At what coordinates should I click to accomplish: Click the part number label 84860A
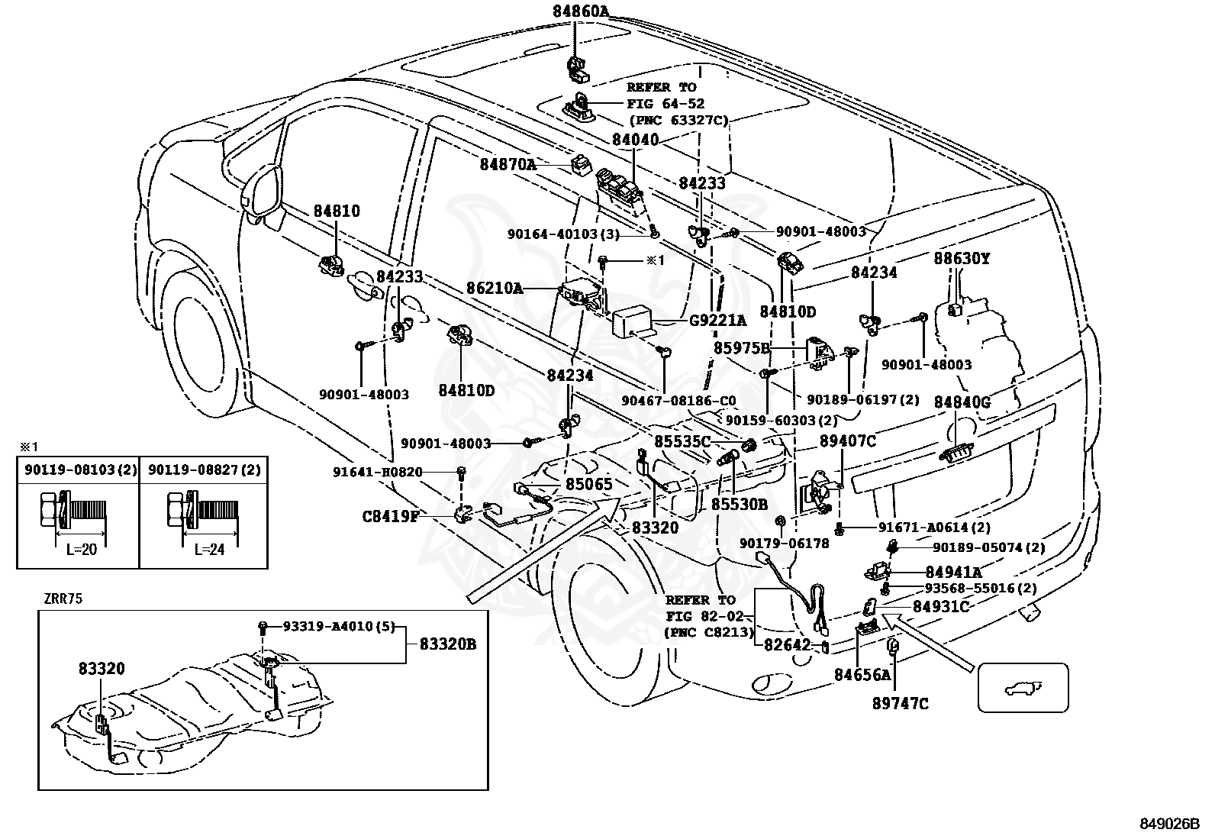[x=581, y=11]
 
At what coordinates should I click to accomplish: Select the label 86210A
[x=495, y=288]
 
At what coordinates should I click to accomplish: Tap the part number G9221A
[x=717, y=321]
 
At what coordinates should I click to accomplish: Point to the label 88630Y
[x=961, y=259]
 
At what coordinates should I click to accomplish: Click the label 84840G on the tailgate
[x=962, y=402]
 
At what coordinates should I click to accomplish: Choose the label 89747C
[x=901, y=704]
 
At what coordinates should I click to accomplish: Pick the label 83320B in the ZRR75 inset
[x=448, y=644]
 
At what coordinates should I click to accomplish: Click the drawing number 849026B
[x=1169, y=824]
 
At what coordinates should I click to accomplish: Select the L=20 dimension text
[x=82, y=550]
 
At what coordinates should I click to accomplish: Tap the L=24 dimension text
[x=209, y=550]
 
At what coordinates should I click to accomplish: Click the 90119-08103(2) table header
[x=81, y=470]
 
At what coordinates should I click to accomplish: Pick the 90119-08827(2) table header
[x=205, y=470]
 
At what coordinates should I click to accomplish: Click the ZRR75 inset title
[x=63, y=599]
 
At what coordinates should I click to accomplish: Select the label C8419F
[x=391, y=516]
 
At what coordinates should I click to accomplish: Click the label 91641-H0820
[x=378, y=472]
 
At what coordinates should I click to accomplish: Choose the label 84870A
[x=508, y=164]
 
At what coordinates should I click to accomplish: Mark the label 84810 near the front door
[x=337, y=211]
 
